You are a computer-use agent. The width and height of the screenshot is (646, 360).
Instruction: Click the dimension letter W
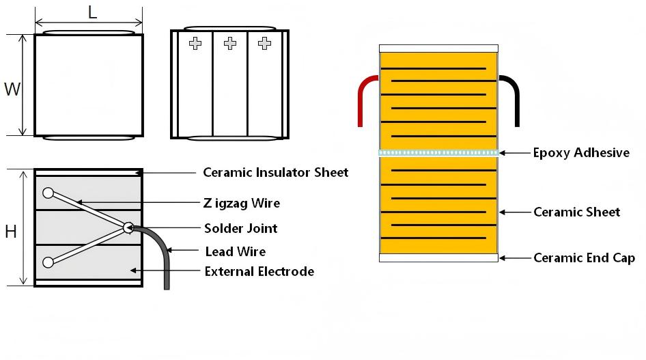[12, 89]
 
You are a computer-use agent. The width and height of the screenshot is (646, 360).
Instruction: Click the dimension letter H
[11, 232]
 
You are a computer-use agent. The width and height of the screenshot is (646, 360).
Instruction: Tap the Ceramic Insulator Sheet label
[276, 172]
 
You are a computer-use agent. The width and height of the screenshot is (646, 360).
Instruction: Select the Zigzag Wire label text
[242, 203]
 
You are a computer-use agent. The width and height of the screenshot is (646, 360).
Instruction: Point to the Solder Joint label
[241, 227]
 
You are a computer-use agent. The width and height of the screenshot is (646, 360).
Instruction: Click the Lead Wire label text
[236, 251]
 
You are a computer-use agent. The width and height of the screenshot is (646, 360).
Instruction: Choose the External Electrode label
[259, 271]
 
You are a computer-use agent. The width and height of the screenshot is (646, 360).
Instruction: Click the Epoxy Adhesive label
[581, 152]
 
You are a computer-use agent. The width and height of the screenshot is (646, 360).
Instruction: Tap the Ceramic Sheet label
[576, 212]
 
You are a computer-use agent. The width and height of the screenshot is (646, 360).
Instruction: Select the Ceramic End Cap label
[584, 258]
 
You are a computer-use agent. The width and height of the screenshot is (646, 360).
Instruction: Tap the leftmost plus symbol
[195, 44]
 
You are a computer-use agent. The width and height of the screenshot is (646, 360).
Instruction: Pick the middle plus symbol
[230, 44]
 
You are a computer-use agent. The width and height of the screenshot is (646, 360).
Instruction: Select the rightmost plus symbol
[264, 44]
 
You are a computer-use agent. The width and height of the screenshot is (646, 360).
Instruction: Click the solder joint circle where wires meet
[128, 227]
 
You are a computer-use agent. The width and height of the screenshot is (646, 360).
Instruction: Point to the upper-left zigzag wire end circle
[48, 193]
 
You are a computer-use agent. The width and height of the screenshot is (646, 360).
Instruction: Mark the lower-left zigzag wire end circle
[48, 262]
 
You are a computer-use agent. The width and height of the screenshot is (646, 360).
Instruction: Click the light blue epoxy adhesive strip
[438, 152]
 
